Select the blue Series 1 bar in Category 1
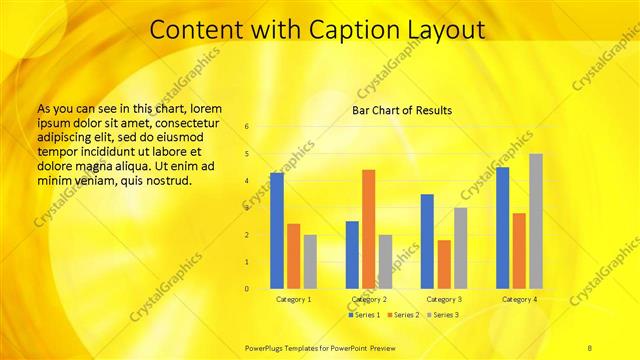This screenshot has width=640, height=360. coord(276,230)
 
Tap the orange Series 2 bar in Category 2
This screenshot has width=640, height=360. coord(368,229)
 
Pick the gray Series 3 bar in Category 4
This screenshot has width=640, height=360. coord(535,221)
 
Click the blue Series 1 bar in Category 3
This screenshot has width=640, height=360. coord(427,241)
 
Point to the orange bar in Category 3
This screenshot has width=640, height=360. coord(443,264)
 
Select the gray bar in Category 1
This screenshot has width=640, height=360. coord(309,261)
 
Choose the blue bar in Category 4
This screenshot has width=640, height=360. coord(502,228)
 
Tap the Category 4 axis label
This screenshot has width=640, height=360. coord(519,299)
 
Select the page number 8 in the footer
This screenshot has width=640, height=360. coord(590,347)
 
